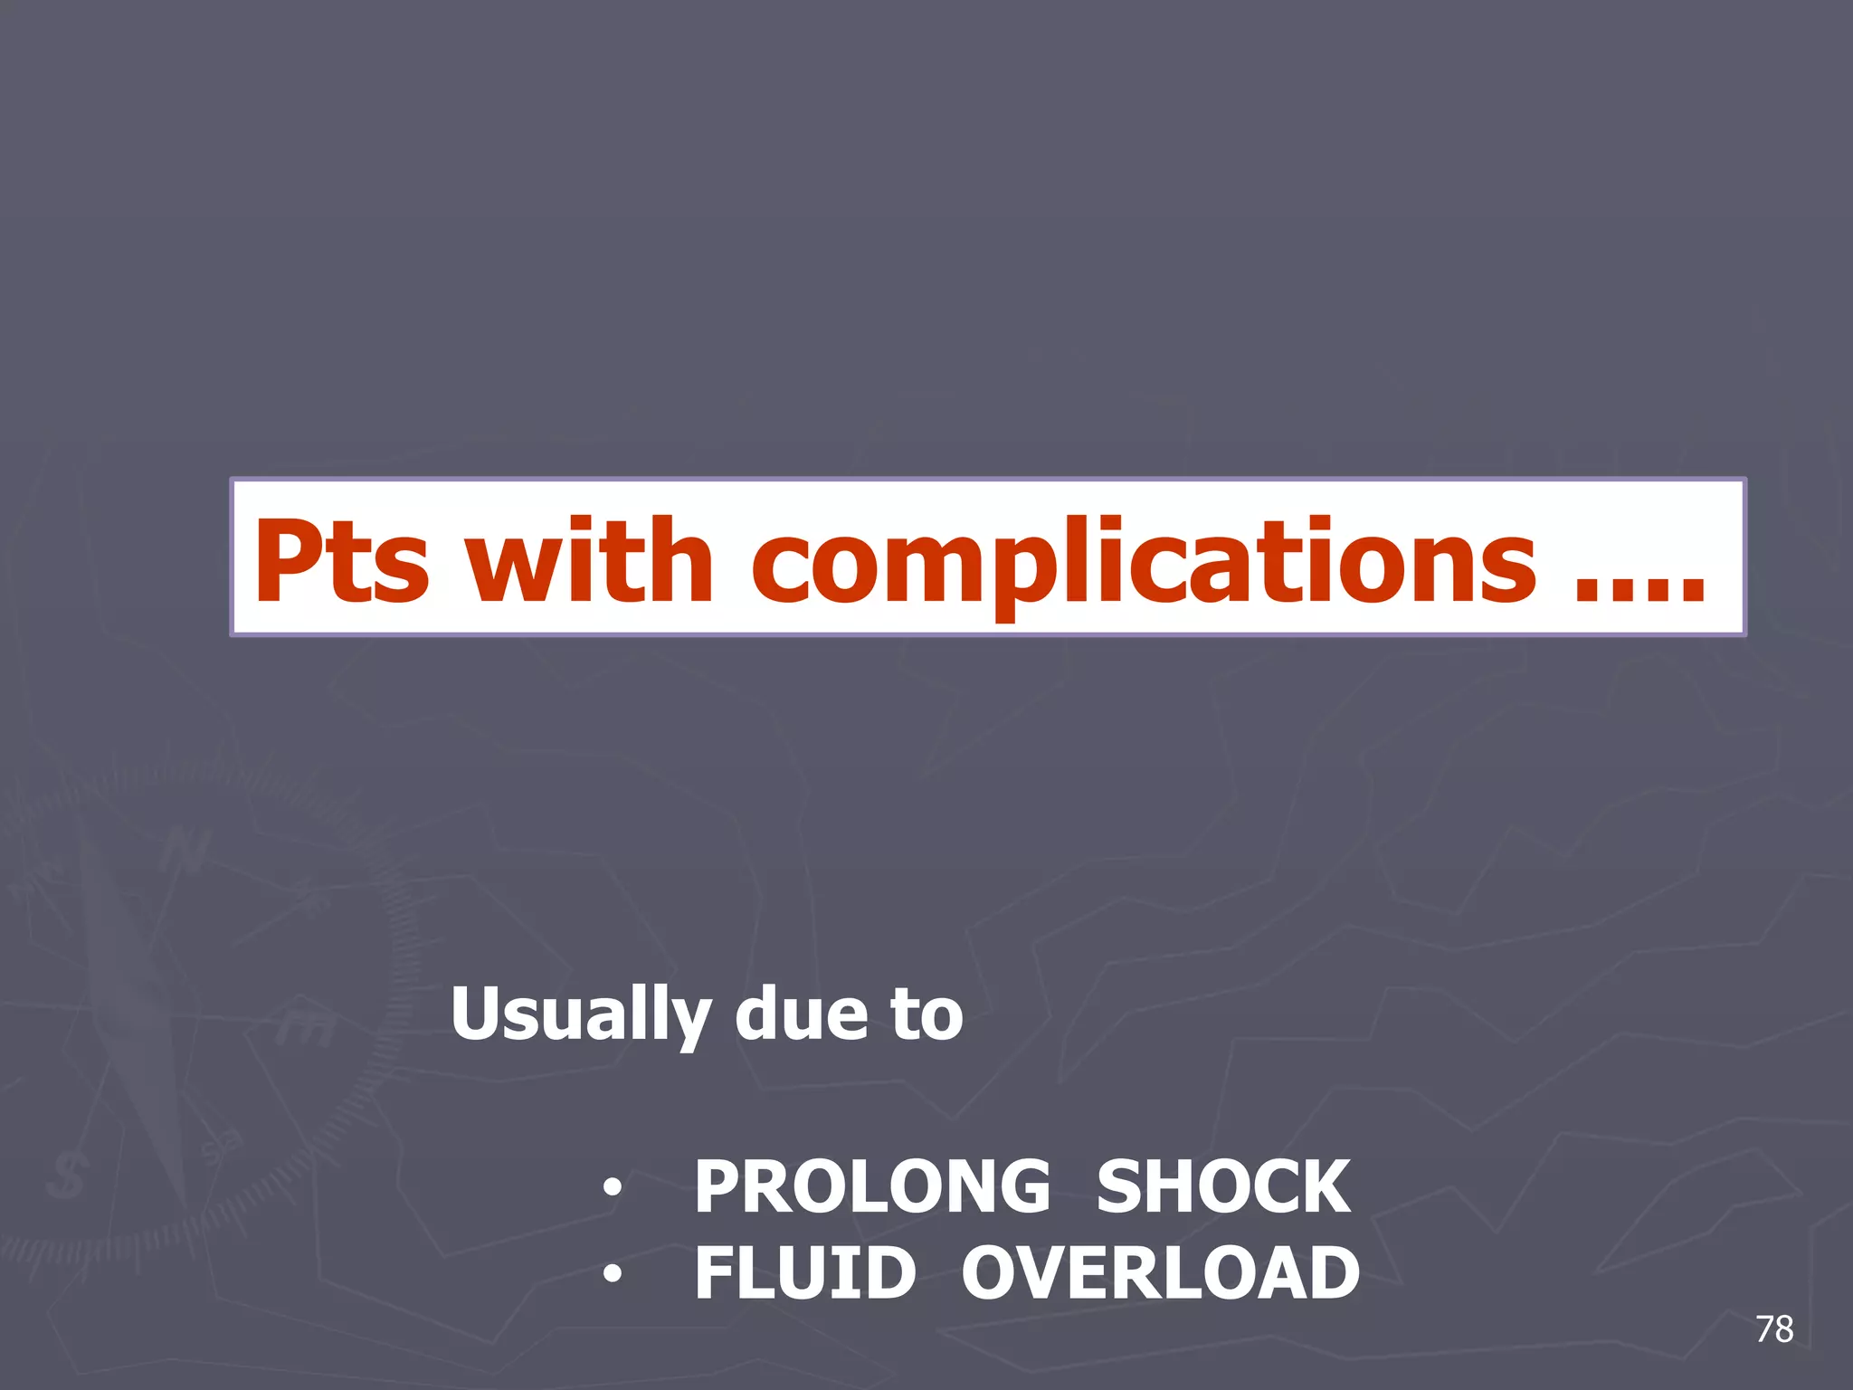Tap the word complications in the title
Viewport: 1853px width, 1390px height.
pyautogui.click(x=1144, y=563)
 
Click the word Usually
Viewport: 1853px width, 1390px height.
pyautogui.click(x=580, y=1015)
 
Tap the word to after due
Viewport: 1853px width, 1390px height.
pyautogui.click(x=926, y=1015)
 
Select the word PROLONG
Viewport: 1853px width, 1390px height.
pyautogui.click(x=872, y=1186)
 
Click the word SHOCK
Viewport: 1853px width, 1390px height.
pyautogui.click(x=1223, y=1186)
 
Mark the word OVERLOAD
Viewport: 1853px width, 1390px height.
pyautogui.click(x=1160, y=1272)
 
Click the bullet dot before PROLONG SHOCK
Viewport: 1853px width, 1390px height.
pyautogui.click(x=613, y=1187)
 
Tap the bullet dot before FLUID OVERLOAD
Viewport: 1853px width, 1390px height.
pyautogui.click(x=613, y=1274)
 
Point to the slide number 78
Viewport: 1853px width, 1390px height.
pyautogui.click(x=1774, y=1329)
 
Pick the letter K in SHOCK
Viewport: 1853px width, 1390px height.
pyautogui.click(x=1322, y=1186)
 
